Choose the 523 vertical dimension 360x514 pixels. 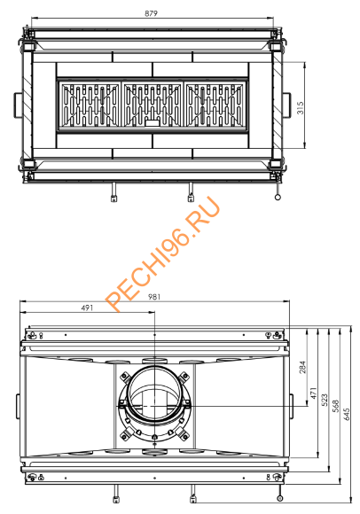click(324, 401)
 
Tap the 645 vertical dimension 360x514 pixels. click(348, 414)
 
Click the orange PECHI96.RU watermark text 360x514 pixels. click(163, 253)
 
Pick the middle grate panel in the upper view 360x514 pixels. click(153, 105)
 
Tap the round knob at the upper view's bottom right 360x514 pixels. click(278, 198)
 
